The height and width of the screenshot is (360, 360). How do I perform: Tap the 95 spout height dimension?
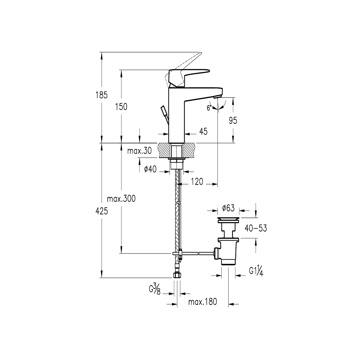(x=233, y=121)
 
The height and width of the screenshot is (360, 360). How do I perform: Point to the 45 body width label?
(x=203, y=132)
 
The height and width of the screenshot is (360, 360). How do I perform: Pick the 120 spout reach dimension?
(x=197, y=182)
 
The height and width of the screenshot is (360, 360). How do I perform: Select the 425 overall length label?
(x=102, y=212)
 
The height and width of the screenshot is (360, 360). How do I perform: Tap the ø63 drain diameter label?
(x=229, y=208)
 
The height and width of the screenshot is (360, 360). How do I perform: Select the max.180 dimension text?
(x=203, y=302)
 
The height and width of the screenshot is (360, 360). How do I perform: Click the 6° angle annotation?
(x=209, y=108)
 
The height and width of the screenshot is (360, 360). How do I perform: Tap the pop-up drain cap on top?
(x=229, y=219)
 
